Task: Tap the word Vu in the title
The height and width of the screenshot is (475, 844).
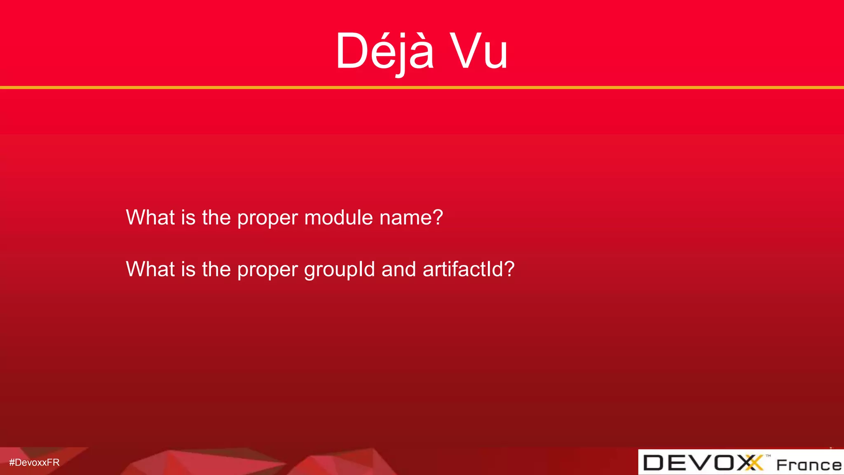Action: [x=478, y=52]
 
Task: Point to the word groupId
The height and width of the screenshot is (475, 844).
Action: [x=340, y=270]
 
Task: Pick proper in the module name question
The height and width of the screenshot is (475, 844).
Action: [x=267, y=219]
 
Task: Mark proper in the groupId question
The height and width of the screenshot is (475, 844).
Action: [x=267, y=270]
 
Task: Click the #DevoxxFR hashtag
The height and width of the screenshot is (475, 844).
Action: [x=34, y=463]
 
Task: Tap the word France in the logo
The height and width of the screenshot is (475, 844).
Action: [x=809, y=465]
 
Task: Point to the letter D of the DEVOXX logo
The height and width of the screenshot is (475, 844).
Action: [x=654, y=463]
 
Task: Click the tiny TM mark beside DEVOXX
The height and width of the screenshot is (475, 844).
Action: [x=768, y=456]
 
